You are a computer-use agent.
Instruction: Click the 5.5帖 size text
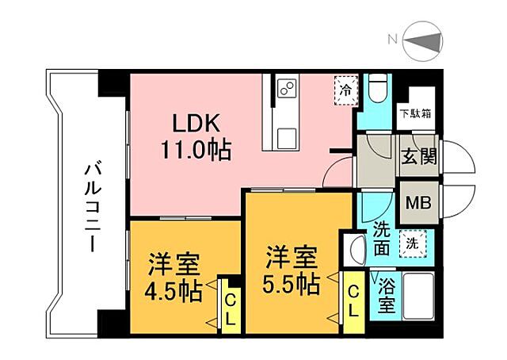[x=292, y=283]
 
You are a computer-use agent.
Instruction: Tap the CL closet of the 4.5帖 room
[x=230, y=304]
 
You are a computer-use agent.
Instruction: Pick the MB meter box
[x=417, y=202]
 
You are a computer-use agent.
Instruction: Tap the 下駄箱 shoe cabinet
[x=415, y=113]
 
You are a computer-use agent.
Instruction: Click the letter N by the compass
[x=392, y=40]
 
